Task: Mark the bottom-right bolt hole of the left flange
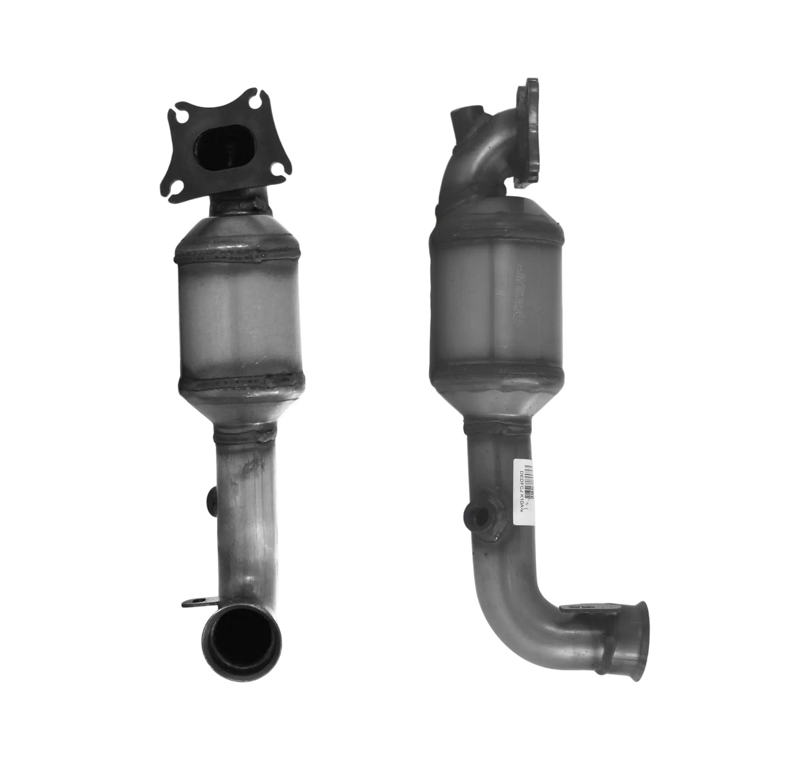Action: point(275,169)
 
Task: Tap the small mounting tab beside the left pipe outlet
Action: point(195,604)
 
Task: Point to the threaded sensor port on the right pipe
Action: point(478,516)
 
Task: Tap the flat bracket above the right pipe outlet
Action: point(577,608)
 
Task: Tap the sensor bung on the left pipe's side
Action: point(210,500)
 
